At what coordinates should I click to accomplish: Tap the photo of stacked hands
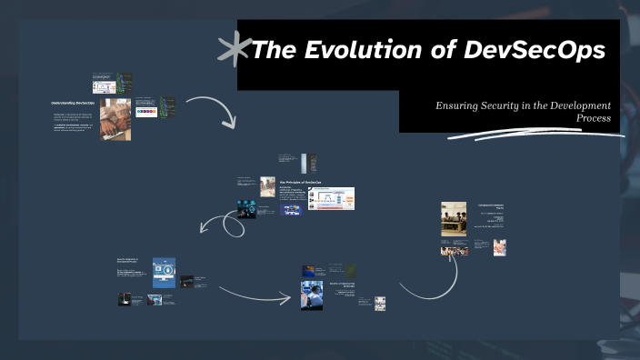click(x=115, y=120)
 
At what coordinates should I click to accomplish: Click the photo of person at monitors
click(x=312, y=295)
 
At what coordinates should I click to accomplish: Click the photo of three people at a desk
click(x=454, y=219)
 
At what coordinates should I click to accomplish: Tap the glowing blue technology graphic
click(x=246, y=208)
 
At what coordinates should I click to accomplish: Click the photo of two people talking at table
click(x=268, y=186)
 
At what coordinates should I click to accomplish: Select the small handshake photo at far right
click(x=500, y=246)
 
